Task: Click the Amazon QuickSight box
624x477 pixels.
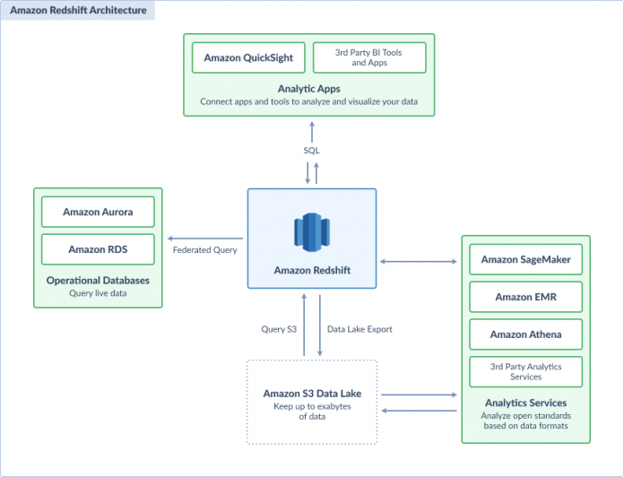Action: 248,57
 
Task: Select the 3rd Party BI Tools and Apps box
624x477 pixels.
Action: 369,57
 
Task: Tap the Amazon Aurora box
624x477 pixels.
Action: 98,212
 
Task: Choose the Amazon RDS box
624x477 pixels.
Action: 98,249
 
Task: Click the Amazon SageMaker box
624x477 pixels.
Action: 525,259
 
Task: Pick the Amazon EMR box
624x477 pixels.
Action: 525,297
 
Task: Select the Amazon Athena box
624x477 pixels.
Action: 525,334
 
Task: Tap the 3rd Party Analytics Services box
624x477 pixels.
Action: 525,371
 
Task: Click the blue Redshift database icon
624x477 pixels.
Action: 312,232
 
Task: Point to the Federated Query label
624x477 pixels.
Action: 205,250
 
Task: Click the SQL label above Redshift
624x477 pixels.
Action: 312,151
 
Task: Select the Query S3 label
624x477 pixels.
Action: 279,329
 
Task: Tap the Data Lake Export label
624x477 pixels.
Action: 360,329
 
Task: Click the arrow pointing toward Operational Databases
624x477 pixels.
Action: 205,238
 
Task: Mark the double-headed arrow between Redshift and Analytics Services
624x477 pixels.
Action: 419,262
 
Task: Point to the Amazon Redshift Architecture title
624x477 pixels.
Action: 78,11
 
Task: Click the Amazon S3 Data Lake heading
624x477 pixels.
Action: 312,394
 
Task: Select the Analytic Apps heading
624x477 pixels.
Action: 308,89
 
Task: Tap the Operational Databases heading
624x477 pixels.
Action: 98,281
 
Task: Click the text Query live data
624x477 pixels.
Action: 98,293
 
